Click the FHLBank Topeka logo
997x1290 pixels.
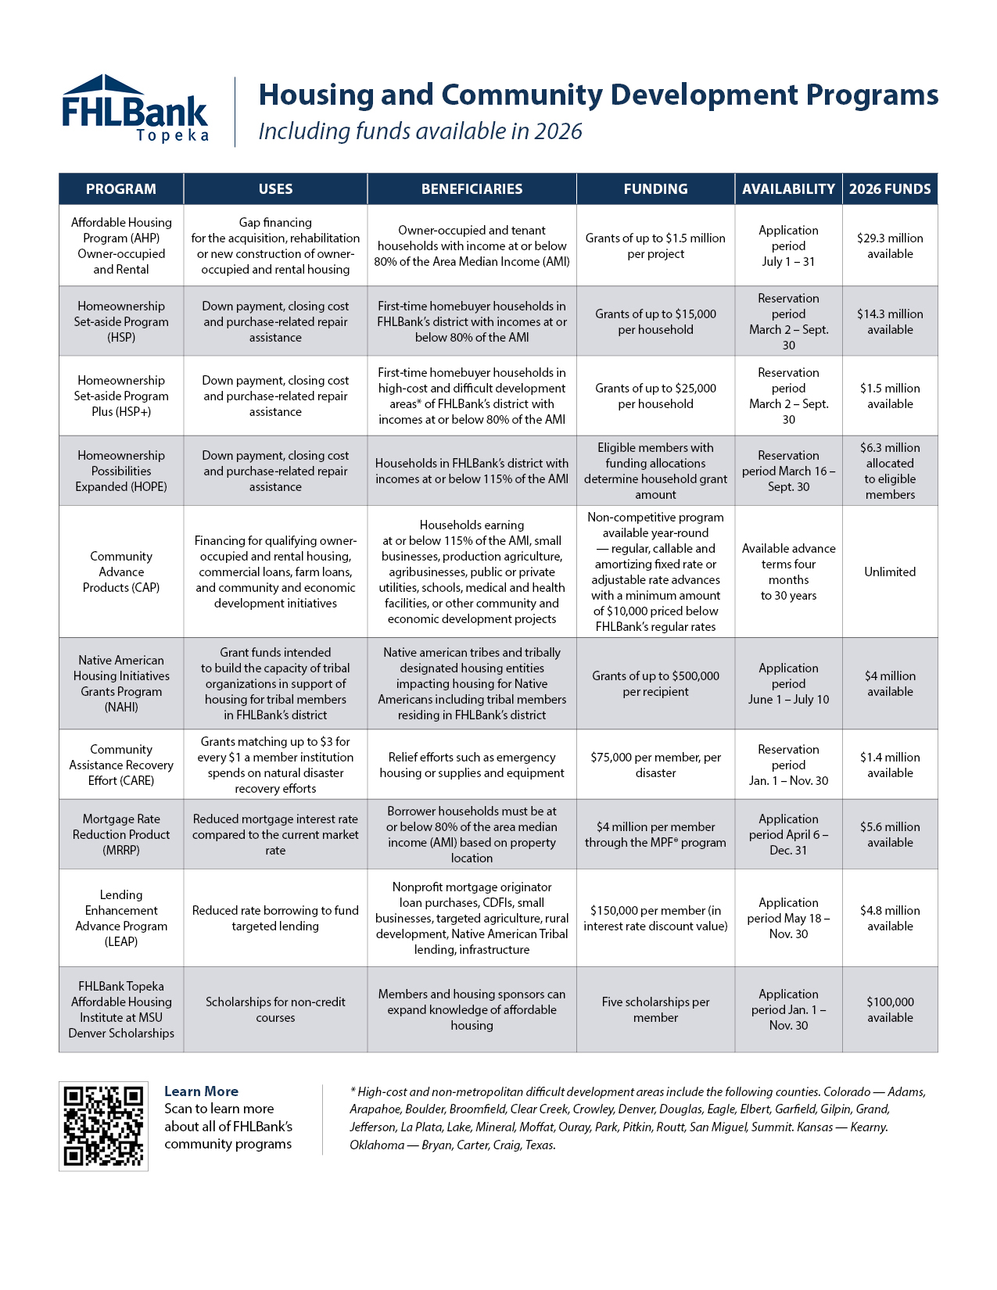[134, 109]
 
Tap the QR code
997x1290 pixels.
[103, 1126]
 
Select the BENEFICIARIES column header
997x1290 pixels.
[472, 189]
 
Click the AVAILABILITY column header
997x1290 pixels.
[788, 189]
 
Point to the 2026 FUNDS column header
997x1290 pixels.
[890, 189]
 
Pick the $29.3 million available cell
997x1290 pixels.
[890, 245]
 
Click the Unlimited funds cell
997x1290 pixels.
[890, 572]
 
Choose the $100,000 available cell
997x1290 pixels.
[890, 1009]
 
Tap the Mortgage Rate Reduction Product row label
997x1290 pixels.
[121, 834]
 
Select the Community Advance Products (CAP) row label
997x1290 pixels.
[121, 572]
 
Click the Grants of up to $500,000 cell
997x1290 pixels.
[655, 683]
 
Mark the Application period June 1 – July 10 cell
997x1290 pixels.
[788, 683]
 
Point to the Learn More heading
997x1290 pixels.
[201, 1091]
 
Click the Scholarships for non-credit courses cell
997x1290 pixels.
[275, 1009]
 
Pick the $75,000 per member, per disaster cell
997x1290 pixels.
[655, 765]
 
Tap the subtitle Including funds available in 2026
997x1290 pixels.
[420, 131]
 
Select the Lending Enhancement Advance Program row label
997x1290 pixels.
[121, 918]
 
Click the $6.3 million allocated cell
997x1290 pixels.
[890, 471]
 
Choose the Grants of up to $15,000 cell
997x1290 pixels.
[655, 321]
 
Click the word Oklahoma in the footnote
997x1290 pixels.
[377, 1145]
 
